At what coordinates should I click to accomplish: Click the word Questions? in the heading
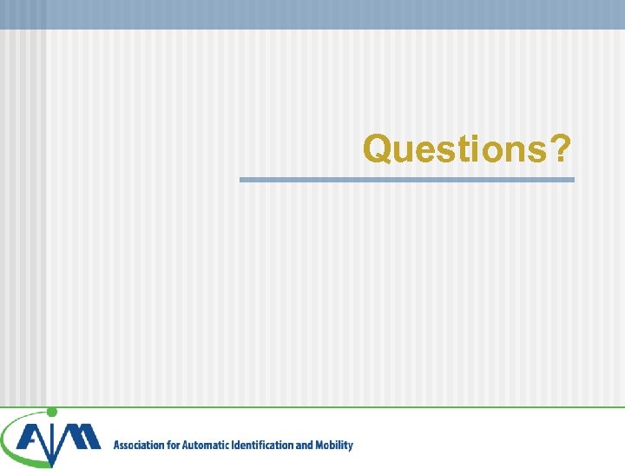tap(467, 149)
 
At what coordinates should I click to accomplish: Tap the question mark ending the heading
tap(560, 149)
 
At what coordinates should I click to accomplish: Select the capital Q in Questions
tap(378, 149)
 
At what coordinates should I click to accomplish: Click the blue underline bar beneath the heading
tap(406, 180)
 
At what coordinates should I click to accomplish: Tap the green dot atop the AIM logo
tap(51, 412)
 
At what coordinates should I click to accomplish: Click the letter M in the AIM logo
tap(82, 439)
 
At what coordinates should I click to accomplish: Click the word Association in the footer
tap(140, 446)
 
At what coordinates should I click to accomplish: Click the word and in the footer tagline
tap(305, 446)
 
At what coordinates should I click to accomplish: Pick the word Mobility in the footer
tap(334, 446)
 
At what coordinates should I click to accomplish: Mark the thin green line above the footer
tap(347, 406)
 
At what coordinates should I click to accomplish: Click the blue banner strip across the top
tap(312, 14)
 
